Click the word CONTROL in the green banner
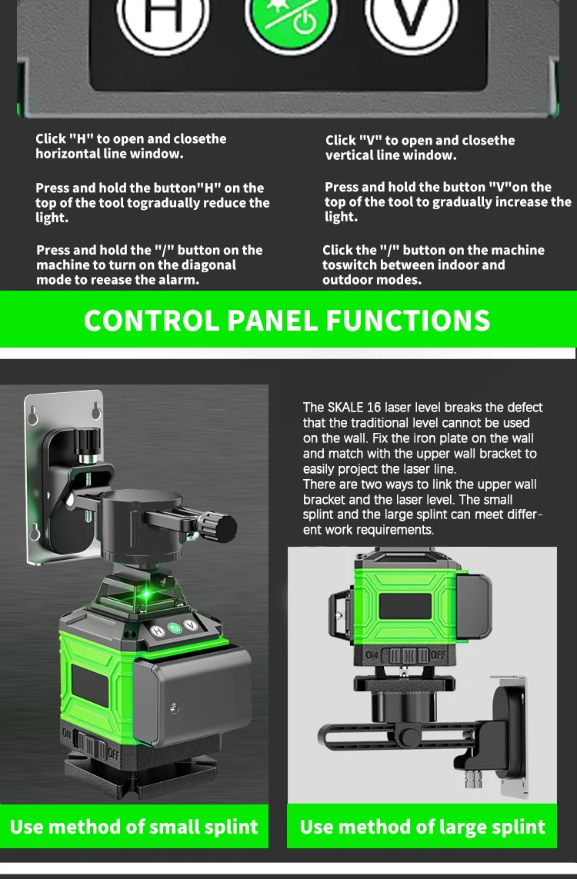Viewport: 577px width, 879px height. [x=151, y=320]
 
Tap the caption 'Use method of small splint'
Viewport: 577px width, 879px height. [x=134, y=827]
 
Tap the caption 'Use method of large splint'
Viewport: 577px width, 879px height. [x=422, y=827]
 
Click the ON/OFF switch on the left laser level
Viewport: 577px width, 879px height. [x=91, y=744]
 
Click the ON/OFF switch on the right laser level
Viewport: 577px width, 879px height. [x=405, y=655]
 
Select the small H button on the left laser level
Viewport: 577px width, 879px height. [x=158, y=631]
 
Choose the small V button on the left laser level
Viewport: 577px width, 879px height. [x=190, y=626]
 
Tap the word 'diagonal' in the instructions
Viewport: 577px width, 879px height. [x=208, y=265]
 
